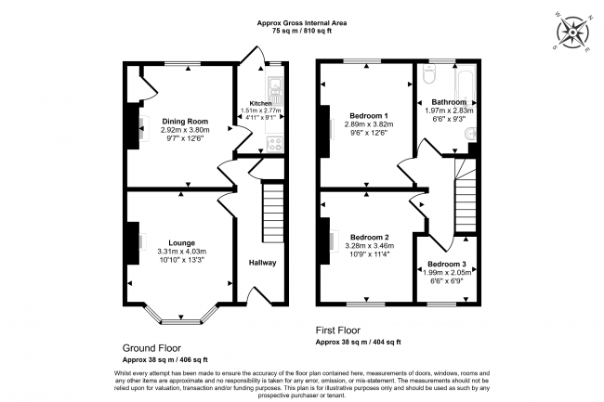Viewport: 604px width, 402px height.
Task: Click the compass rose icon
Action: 575,32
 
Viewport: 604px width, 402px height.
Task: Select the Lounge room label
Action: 181,243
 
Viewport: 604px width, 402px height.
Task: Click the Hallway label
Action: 262,264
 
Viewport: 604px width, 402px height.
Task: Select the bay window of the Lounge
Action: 181,316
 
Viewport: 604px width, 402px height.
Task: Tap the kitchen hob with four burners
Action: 275,144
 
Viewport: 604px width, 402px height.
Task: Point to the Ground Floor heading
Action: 151,348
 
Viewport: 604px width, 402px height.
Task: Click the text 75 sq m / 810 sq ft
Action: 302,31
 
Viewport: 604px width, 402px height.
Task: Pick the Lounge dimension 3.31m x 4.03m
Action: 181,252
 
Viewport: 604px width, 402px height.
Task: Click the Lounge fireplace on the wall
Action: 134,243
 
